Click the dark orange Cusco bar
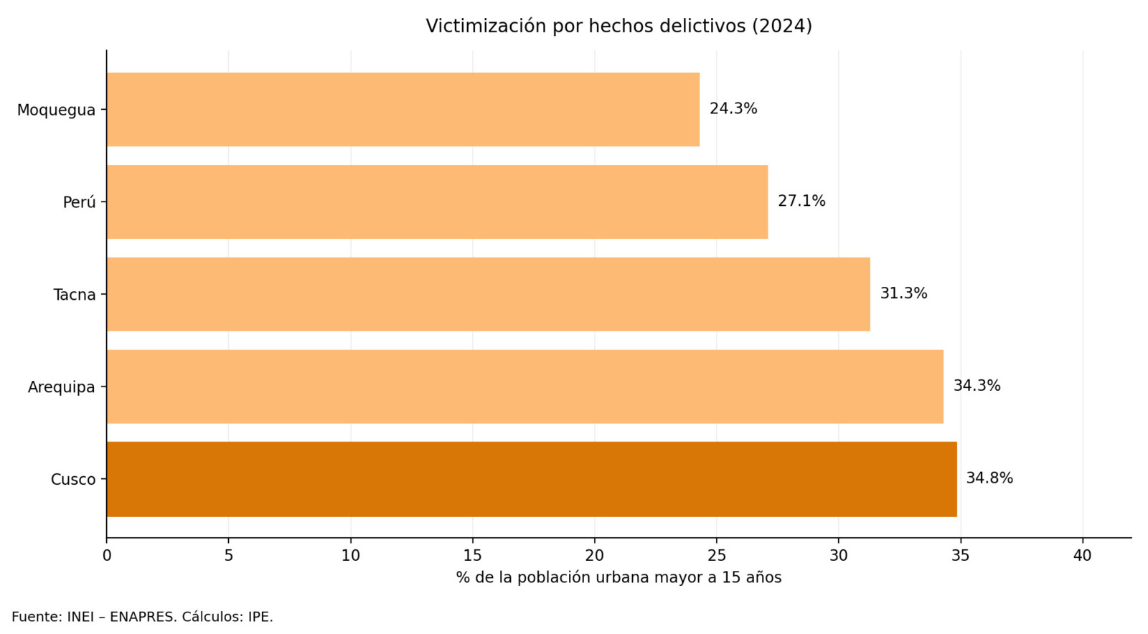point(531,479)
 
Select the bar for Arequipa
point(524,387)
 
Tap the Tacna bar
point(488,294)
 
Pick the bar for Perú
point(437,202)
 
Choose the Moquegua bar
point(403,110)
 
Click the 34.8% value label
point(989,478)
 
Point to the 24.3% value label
point(733,109)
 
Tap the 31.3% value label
point(903,293)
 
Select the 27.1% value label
point(801,202)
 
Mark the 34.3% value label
point(977,386)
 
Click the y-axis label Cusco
point(73,480)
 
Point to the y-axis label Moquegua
point(56,110)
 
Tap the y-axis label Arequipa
point(62,387)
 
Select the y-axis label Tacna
point(75,295)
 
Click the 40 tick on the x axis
point(1082,556)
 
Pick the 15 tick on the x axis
point(472,556)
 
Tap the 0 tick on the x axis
point(107,556)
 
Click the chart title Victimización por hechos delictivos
point(618,27)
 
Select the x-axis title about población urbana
point(618,578)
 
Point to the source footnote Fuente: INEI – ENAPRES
point(142,617)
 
